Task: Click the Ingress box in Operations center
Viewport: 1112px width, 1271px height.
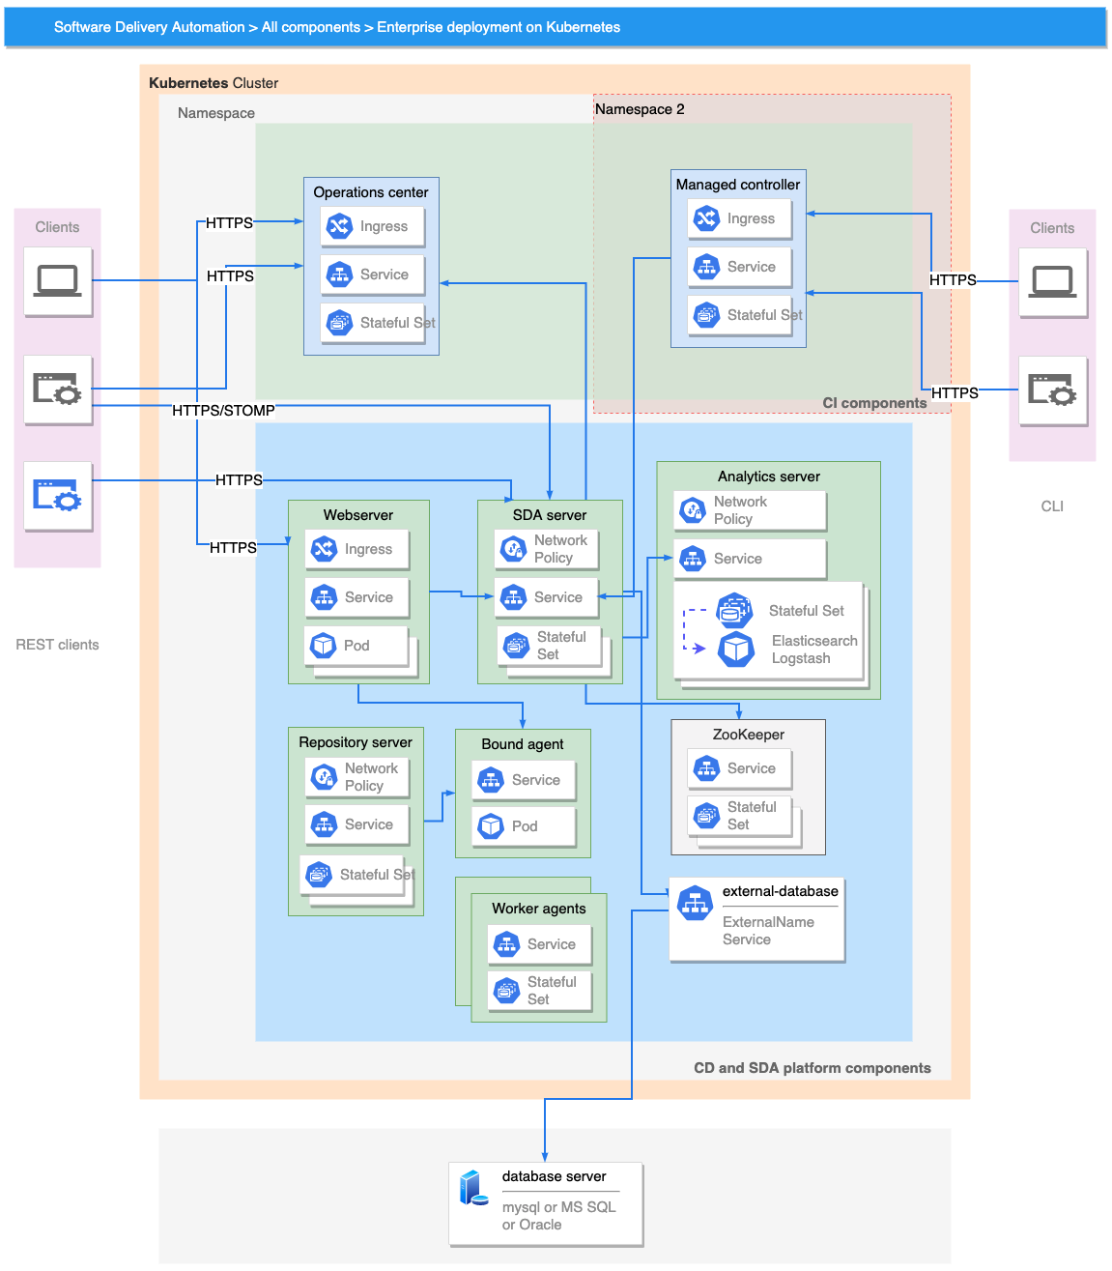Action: point(372,226)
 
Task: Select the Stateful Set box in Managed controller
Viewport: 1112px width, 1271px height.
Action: point(740,315)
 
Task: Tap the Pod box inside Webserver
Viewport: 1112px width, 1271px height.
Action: point(356,646)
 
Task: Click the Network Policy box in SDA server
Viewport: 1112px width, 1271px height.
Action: point(546,549)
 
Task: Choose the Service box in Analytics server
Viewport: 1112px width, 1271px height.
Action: point(750,559)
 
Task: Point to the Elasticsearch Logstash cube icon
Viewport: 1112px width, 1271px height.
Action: point(736,650)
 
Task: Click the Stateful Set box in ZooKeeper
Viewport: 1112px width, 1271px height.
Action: point(739,816)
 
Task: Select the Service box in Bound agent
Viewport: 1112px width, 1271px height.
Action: point(524,780)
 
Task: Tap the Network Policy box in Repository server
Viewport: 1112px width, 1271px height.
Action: point(357,777)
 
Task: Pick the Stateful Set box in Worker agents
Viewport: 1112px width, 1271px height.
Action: point(539,991)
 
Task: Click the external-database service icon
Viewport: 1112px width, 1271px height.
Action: point(695,903)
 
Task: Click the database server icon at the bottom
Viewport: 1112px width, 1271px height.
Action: point(473,1188)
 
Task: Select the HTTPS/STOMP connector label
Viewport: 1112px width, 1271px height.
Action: point(223,411)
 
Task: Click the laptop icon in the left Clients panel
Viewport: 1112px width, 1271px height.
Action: point(58,281)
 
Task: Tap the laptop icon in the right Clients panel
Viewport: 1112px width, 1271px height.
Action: point(1052,282)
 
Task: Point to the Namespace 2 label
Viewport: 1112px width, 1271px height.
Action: point(640,109)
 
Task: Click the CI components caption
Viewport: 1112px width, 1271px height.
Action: point(874,403)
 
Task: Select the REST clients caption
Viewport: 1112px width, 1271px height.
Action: point(57,645)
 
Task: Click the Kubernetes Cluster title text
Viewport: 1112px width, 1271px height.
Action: point(214,83)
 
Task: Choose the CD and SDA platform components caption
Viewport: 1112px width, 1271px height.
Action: point(812,1068)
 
